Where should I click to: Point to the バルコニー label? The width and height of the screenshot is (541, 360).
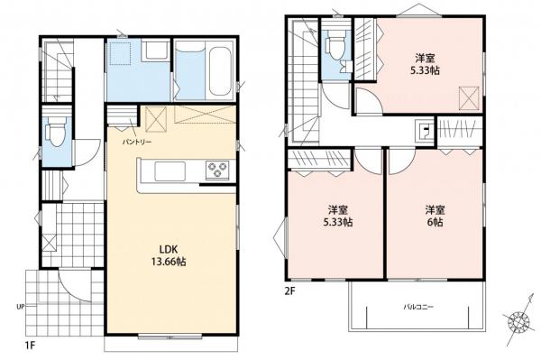coord(417,308)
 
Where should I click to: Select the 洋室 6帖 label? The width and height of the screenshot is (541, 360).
coord(435,216)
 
